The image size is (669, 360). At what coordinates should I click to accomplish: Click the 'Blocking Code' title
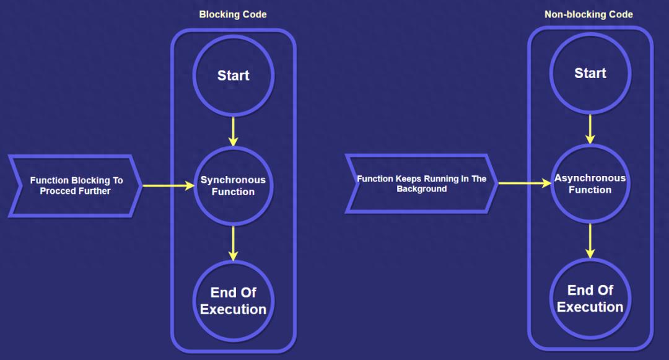(233, 14)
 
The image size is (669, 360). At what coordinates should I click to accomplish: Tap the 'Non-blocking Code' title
(589, 14)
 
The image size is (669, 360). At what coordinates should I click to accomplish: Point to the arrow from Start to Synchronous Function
(234, 131)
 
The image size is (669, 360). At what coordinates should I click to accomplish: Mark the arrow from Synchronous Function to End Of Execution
(234, 243)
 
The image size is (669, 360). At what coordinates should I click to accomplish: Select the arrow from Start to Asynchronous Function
(590, 129)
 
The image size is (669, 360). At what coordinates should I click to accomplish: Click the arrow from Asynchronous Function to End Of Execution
(590, 241)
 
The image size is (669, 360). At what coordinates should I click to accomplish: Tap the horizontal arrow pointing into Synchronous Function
(168, 185)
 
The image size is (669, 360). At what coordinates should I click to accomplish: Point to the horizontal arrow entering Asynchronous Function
(525, 183)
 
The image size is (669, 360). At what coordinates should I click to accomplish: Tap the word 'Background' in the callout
(422, 189)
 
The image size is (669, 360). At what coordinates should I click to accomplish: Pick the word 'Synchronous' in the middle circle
(233, 180)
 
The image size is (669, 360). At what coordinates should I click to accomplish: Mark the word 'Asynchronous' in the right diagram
(590, 178)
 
